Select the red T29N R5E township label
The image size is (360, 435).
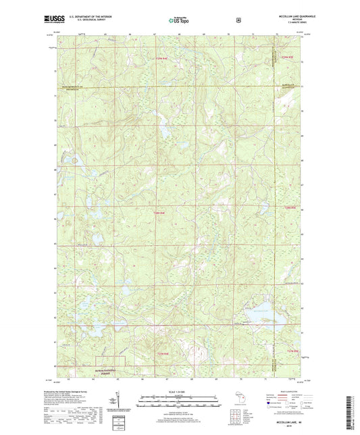(x=287, y=59)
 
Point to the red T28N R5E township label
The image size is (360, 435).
(x=290, y=207)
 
